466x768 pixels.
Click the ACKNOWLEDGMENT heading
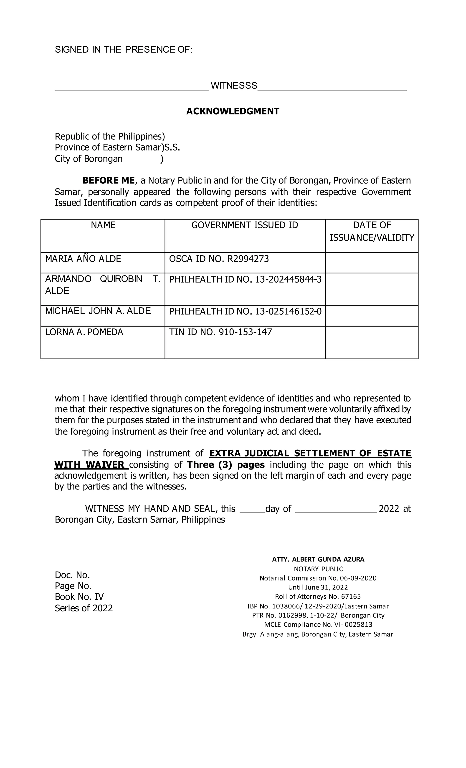pos(233,111)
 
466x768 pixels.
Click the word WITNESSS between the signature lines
pos(234,85)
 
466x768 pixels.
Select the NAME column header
pos(103,225)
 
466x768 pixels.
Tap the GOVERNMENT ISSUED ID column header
pos(245,225)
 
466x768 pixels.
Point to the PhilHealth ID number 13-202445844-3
pos(288,279)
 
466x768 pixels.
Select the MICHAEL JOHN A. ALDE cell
pos(98,311)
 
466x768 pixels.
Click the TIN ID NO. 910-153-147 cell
pos(220,332)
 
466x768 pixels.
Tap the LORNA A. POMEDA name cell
pos(84,332)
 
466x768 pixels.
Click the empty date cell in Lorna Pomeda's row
pos(371,342)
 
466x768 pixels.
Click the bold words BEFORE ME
pos(108,181)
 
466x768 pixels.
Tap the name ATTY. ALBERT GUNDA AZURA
pos(318,559)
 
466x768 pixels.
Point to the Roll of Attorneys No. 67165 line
pos(318,596)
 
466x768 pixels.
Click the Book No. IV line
pos(79,597)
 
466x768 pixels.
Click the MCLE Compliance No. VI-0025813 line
pos(318,624)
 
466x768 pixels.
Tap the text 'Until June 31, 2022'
pos(318,587)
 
